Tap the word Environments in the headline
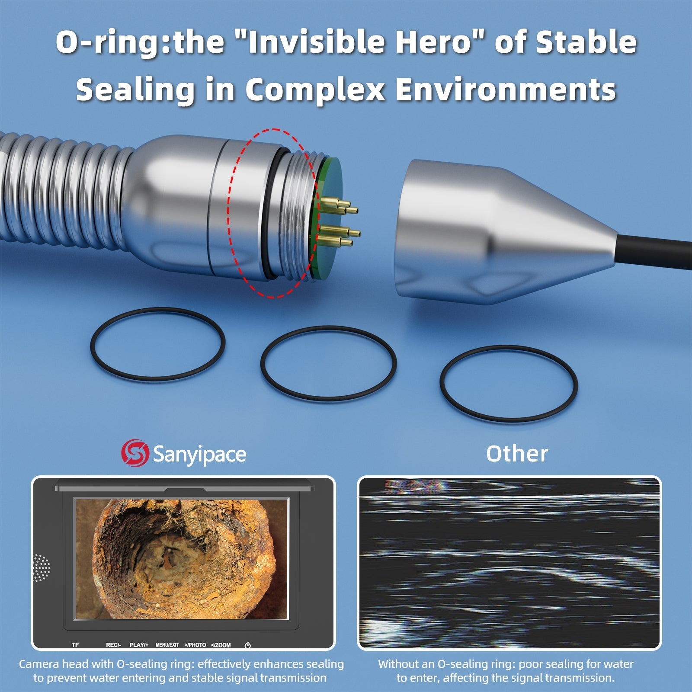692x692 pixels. (506, 90)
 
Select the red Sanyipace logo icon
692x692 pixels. (135, 453)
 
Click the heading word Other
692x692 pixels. (517, 454)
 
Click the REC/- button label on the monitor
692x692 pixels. (113, 645)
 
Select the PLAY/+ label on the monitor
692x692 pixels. (139, 645)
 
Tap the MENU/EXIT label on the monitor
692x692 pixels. (167, 645)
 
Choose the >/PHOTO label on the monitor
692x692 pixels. (195, 645)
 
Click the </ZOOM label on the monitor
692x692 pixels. (221, 645)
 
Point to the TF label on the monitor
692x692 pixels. (75, 645)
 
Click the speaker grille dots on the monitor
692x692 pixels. (42, 568)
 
